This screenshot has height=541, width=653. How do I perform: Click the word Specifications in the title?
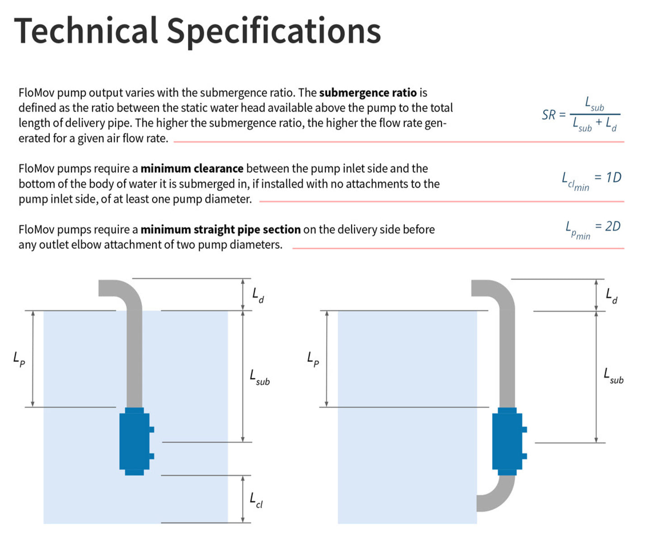tap(274, 32)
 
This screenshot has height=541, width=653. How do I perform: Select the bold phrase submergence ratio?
tap(367, 93)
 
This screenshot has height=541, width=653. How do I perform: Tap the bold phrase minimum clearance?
tap(192, 169)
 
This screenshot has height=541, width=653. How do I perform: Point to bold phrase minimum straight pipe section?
tap(220, 230)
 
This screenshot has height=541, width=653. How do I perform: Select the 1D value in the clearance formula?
tap(613, 177)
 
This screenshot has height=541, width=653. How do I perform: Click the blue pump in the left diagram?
tap(135, 441)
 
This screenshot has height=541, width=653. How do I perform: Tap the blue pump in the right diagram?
tap(507, 441)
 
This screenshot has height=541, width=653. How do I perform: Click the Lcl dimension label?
tap(256, 500)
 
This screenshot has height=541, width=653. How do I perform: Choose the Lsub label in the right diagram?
tap(613, 376)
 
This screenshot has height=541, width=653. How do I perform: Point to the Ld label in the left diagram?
tap(258, 295)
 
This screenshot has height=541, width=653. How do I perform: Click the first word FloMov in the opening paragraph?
tap(36, 93)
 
